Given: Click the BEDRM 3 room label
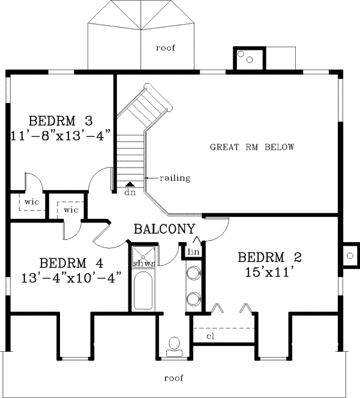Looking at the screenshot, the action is tap(61, 121).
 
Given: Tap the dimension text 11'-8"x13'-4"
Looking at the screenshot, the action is tap(61, 135).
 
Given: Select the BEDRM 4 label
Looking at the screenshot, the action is tap(71, 263).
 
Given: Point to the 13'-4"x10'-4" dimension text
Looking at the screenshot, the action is tap(71, 278).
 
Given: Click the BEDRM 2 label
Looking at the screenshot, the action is tap(269, 257).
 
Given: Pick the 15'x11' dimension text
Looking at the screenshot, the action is tap(271, 272).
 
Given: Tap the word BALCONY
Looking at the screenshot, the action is tap(164, 229).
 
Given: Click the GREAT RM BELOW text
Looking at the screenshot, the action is tap(252, 147).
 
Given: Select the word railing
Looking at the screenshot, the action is tap(175, 178).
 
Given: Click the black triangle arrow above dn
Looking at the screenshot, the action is tap(130, 184).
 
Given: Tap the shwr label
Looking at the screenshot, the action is tap(144, 264).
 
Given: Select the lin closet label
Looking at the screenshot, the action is tap(193, 252).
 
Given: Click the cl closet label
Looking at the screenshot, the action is tap(210, 336).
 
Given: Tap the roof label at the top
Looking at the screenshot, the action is tap(166, 48).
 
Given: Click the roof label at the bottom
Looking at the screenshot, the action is tap(174, 378).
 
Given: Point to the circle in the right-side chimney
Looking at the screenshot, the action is tap(350, 255).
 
